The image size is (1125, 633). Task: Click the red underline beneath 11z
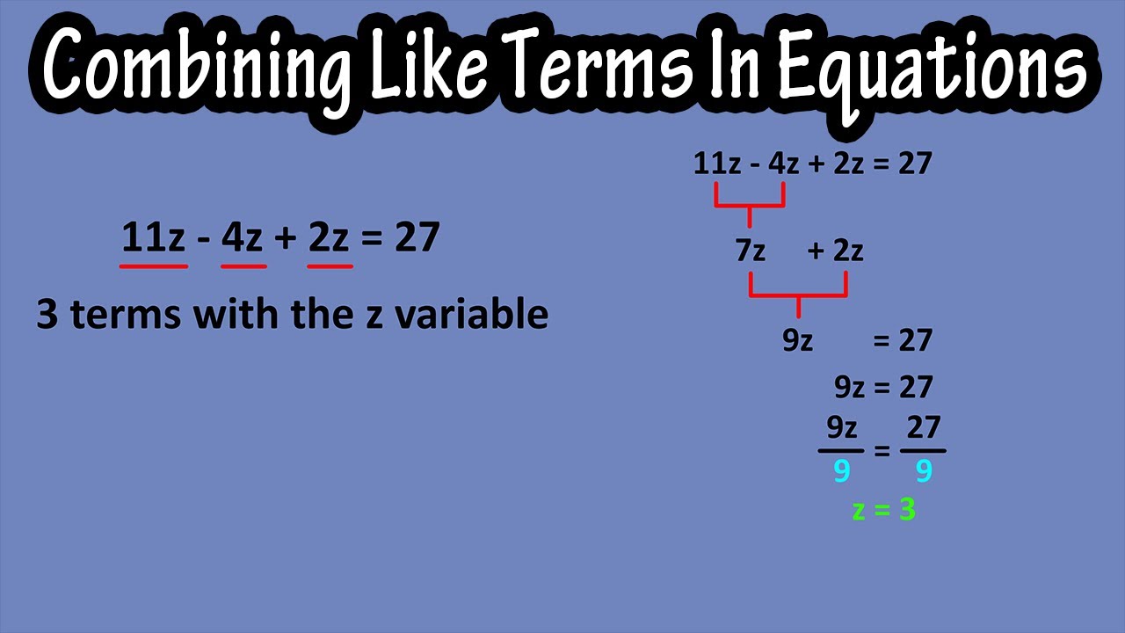154,266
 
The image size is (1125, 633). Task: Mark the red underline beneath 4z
243,266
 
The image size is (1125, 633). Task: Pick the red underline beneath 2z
330,266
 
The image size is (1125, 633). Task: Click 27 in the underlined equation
417,237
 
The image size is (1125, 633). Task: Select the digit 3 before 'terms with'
47,314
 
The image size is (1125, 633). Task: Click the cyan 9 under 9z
841,472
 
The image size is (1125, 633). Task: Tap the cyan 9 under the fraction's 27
923,472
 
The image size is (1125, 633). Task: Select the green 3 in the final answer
906,510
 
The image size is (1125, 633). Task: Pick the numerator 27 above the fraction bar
923,428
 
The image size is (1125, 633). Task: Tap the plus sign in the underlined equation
285,238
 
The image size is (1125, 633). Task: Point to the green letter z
860,511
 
